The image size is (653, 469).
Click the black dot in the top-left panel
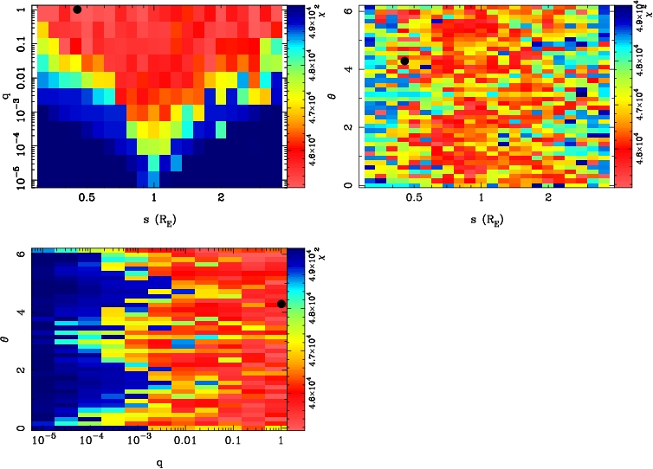tap(77, 10)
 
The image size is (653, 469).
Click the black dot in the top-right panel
tap(404, 61)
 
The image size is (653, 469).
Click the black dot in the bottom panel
tap(281, 304)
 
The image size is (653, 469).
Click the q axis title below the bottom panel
tap(161, 461)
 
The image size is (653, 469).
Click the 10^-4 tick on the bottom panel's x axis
tap(89, 441)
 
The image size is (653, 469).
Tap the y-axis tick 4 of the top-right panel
tap(353, 69)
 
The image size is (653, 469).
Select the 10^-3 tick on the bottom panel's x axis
tap(137, 441)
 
